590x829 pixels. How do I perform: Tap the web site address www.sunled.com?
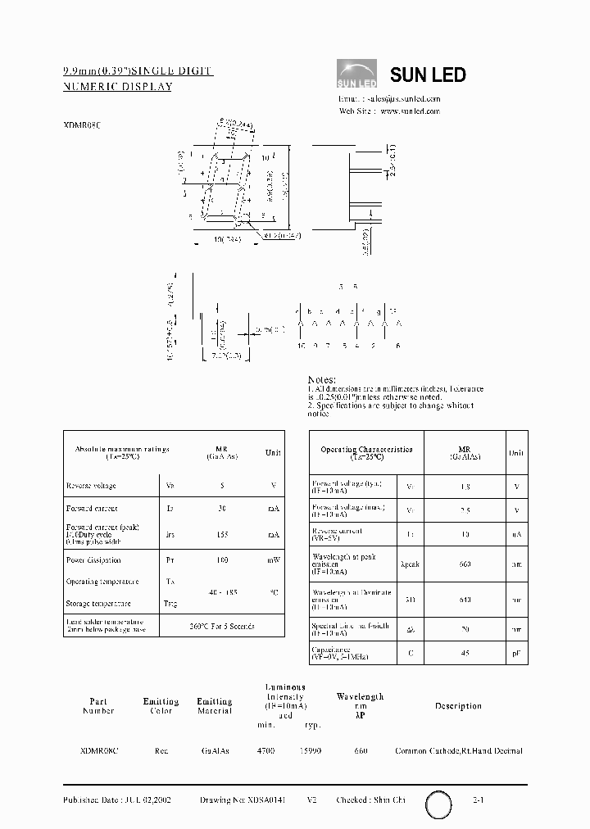411,111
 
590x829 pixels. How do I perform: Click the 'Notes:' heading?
322,380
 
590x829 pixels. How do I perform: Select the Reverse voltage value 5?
221,486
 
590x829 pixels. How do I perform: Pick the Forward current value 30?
221,509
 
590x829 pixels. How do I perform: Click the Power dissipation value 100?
221,560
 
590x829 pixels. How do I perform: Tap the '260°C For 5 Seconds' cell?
221,626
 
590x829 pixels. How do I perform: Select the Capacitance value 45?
465,653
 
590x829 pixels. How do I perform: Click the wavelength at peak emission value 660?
465,564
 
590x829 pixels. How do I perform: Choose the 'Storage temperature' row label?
98,604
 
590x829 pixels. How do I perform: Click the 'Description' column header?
458,706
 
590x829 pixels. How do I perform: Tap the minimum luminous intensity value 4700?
266,750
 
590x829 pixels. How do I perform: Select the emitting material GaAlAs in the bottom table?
215,750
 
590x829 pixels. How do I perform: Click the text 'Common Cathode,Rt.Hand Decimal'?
458,750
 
